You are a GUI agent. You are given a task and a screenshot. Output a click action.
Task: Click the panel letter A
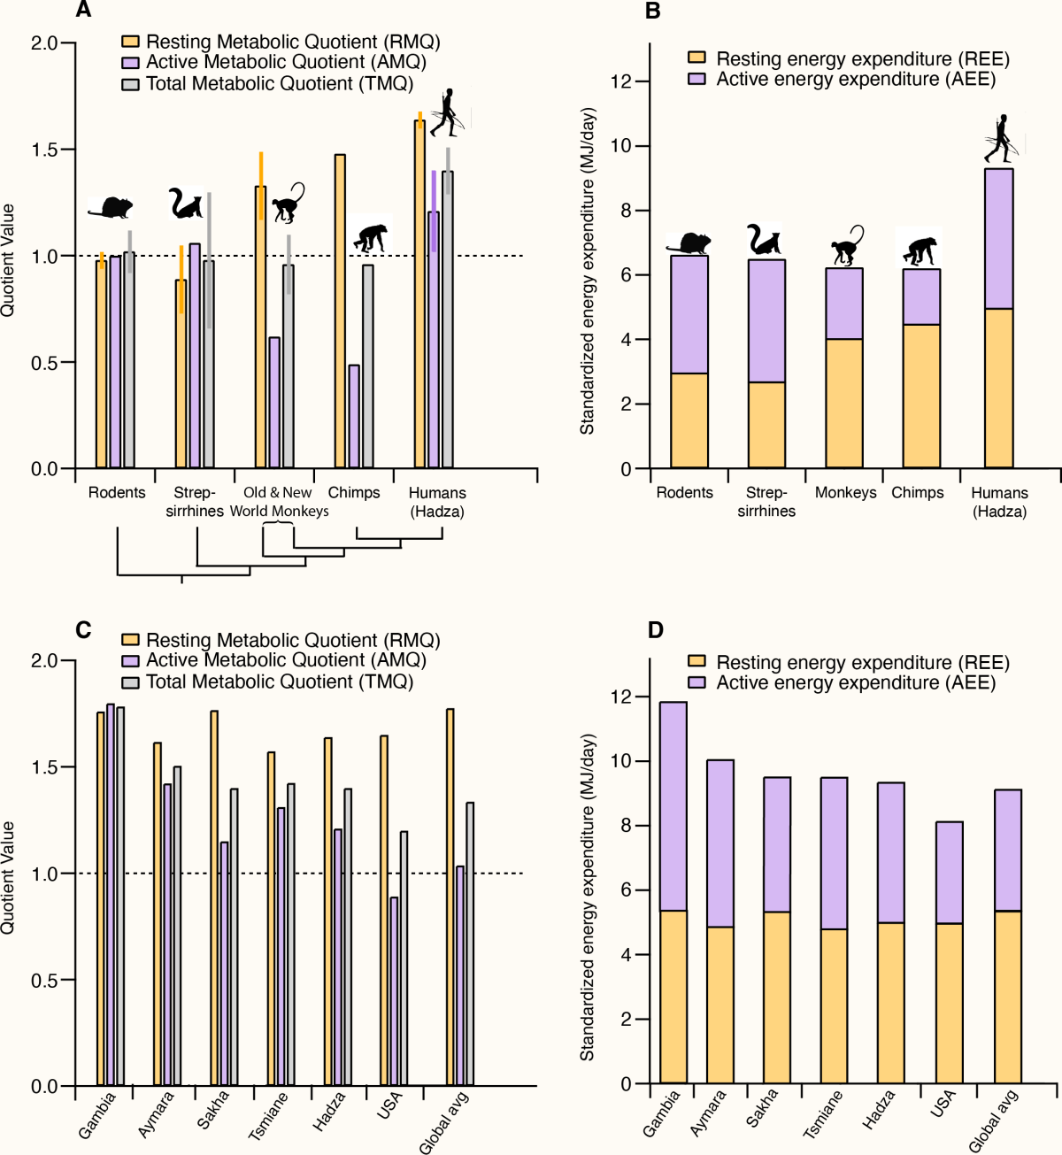click(x=83, y=11)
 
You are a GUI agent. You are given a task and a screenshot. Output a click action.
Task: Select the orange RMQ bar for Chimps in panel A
click(x=340, y=310)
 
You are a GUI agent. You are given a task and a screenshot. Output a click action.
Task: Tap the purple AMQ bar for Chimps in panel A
click(x=354, y=416)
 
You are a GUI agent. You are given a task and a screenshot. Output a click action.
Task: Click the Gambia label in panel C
click(x=97, y=1115)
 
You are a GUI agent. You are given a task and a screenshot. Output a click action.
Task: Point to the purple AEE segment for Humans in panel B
click(x=999, y=239)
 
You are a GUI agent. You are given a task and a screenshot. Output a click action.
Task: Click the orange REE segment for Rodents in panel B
click(x=689, y=420)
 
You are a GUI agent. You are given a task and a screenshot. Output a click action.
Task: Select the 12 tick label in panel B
click(x=621, y=81)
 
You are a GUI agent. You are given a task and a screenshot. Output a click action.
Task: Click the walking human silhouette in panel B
click(x=1003, y=139)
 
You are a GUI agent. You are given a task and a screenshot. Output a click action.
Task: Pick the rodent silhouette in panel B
click(x=689, y=243)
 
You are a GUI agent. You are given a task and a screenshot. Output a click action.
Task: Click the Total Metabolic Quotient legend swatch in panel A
click(x=130, y=84)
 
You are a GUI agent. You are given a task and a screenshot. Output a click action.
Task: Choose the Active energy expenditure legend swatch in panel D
click(x=697, y=683)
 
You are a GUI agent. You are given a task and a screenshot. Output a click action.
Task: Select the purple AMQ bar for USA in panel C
click(x=394, y=991)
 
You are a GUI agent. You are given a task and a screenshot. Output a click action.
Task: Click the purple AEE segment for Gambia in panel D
click(x=673, y=805)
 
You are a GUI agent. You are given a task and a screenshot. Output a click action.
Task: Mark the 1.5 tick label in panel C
click(x=44, y=767)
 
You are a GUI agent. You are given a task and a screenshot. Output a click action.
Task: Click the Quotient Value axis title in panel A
click(x=9, y=259)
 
